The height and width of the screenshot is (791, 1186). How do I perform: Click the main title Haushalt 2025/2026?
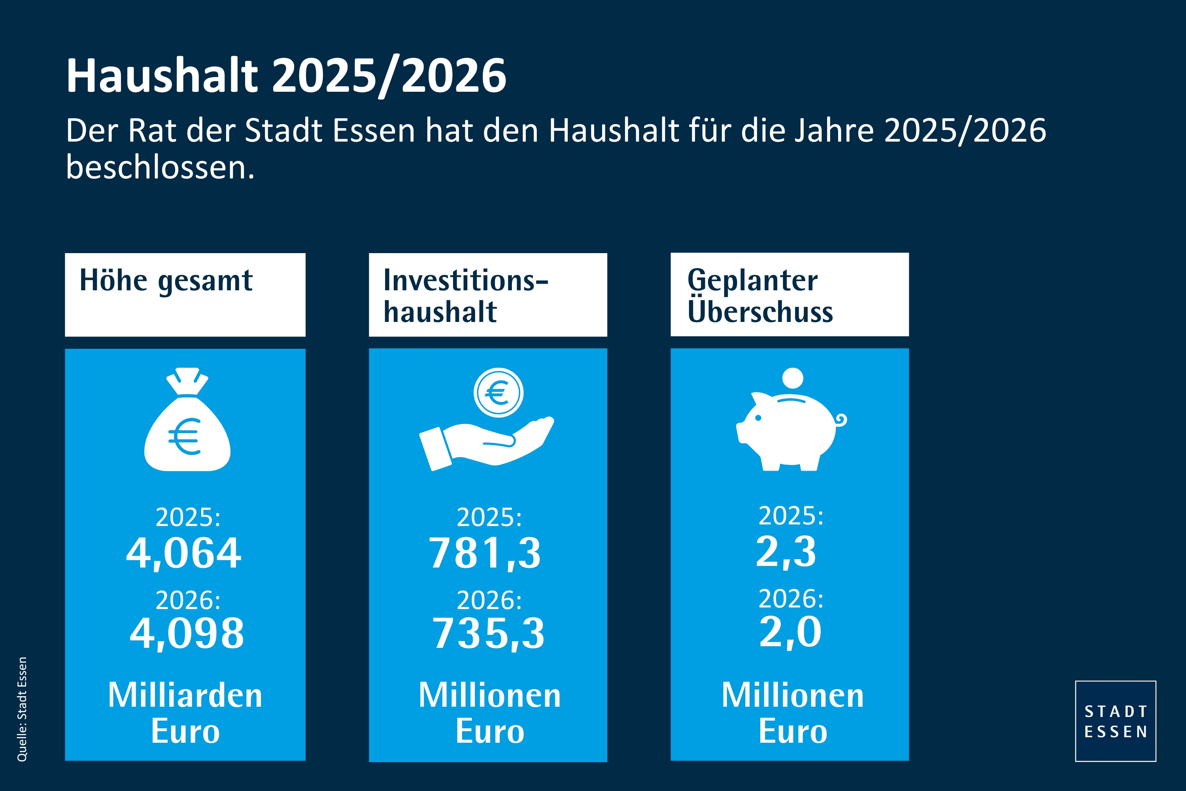(x=286, y=76)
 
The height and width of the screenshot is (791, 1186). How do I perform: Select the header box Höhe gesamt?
(x=185, y=294)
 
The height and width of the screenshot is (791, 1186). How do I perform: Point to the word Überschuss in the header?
(x=760, y=312)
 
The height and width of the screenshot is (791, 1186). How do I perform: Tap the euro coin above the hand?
(x=498, y=392)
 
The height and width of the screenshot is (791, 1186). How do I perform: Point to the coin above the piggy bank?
(x=792, y=378)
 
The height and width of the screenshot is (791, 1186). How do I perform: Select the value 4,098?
(x=187, y=633)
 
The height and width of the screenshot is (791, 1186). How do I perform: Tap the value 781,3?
(x=485, y=553)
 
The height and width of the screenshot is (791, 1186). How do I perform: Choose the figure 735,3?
(x=488, y=633)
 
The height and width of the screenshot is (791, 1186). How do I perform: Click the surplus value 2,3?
(x=786, y=551)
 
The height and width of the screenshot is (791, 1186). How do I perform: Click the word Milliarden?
(x=185, y=695)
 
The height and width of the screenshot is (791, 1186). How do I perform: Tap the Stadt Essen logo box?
(x=1115, y=721)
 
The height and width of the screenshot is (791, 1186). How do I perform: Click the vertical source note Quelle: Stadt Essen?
(x=22, y=709)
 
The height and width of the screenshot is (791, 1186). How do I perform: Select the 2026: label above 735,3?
(x=489, y=600)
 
